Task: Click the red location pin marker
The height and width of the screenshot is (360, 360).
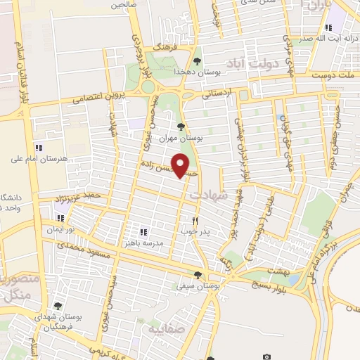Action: pos(183,166)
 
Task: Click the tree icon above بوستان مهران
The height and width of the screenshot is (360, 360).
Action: pos(182,127)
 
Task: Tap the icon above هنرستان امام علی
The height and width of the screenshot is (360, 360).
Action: pos(39,148)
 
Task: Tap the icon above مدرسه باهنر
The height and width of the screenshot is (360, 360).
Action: pos(143,232)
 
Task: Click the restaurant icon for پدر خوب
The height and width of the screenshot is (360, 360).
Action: pos(205,220)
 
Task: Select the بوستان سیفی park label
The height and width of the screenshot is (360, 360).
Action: pos(198,286)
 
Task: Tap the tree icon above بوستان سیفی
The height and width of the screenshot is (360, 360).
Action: pos(198,275)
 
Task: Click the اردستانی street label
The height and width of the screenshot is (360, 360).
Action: pos(218,91)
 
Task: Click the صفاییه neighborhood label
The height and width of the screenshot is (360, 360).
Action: pos(160,329)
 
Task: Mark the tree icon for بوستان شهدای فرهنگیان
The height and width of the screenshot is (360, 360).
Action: pos(58,306)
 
